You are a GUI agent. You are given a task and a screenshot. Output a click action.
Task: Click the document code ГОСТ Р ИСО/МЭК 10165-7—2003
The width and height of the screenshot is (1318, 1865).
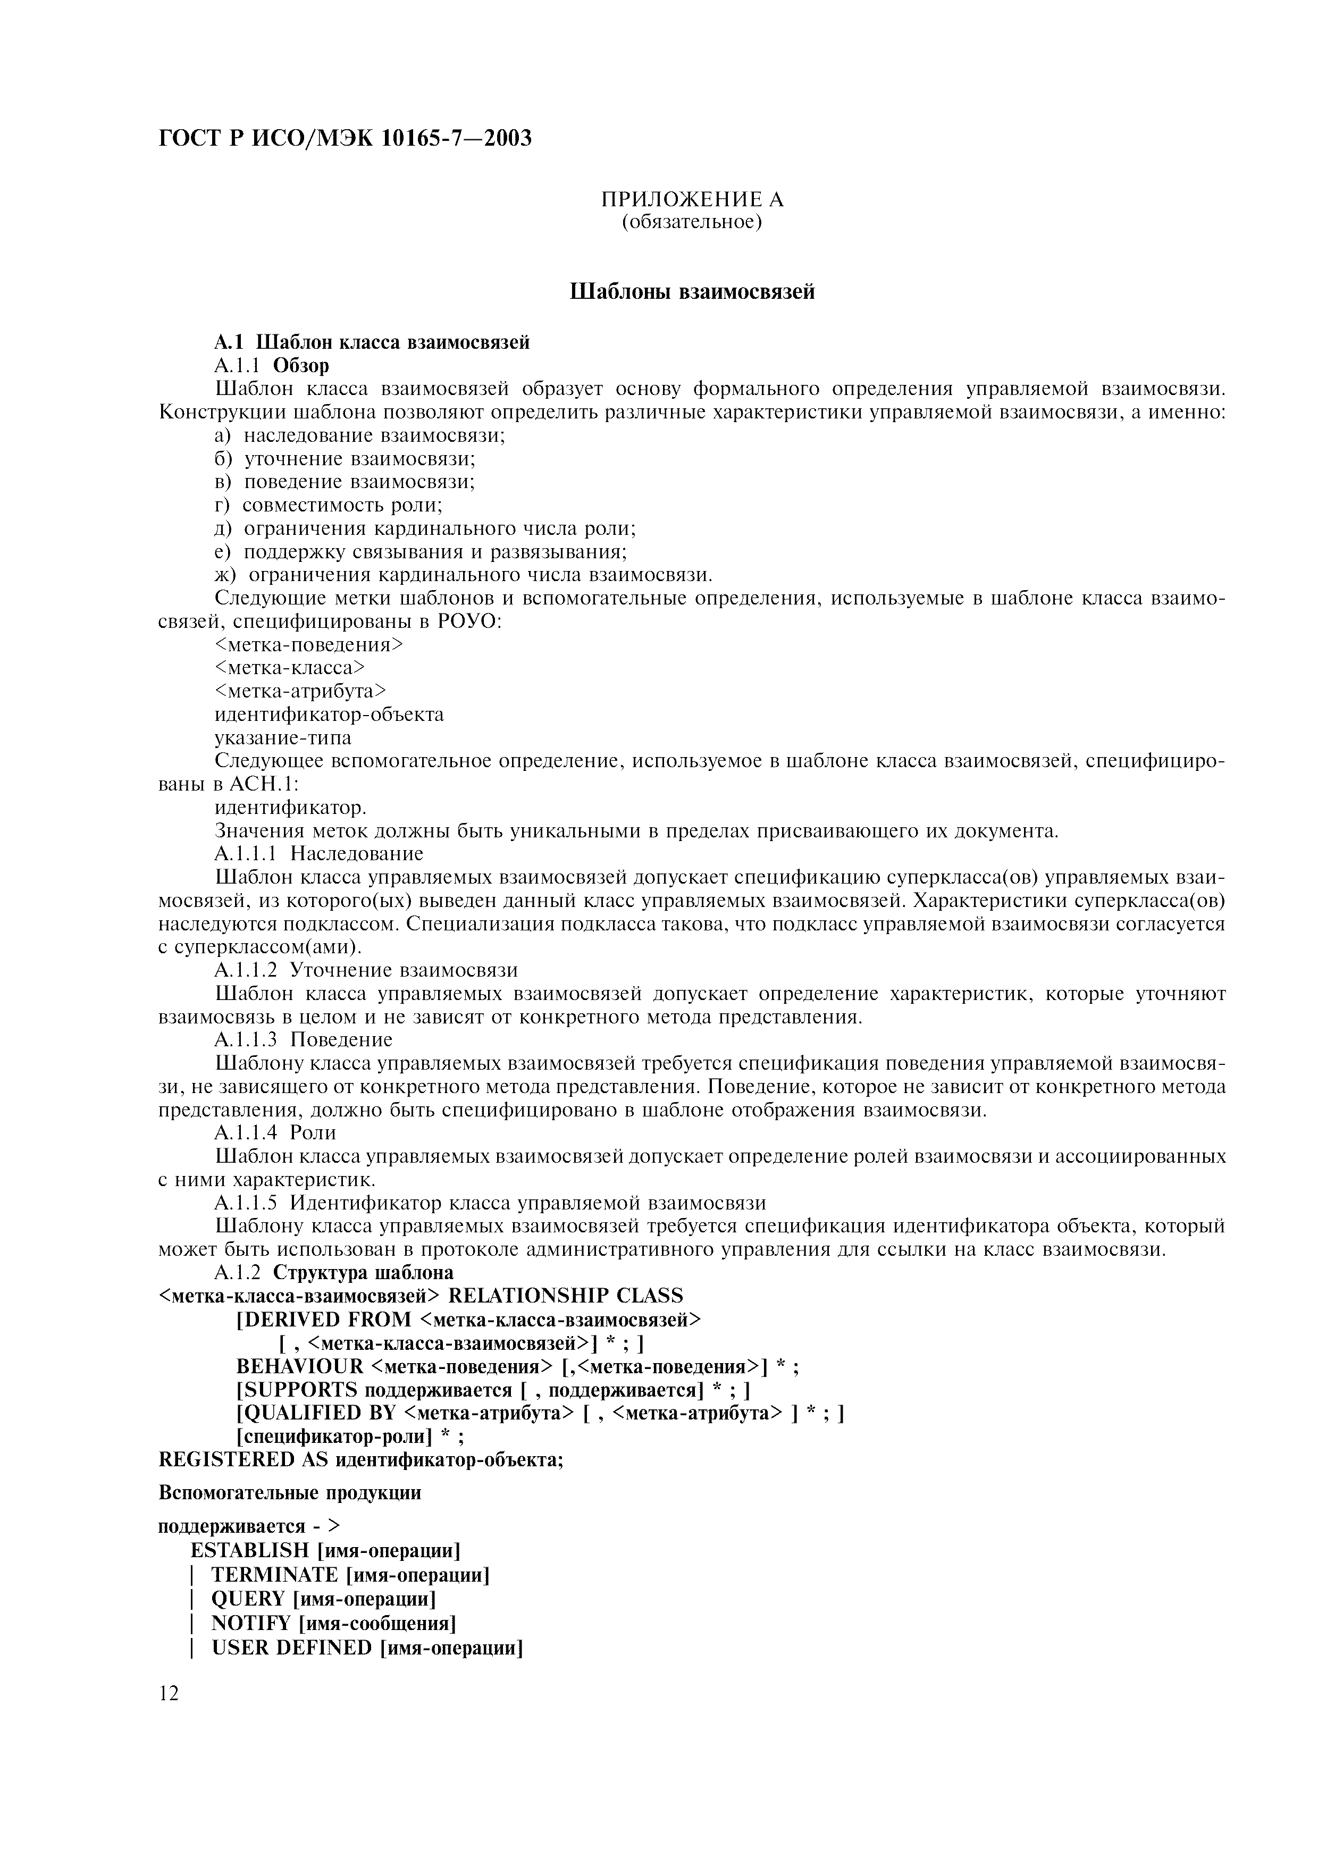pyautogui.click(x=345, y=139)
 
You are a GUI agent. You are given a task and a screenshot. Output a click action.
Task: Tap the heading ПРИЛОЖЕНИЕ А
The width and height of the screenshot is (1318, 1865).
pyautogui.click(x=692, y=199)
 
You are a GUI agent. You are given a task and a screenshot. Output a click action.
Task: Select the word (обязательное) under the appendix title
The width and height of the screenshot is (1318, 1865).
pyautogui.click(x=692, y=222)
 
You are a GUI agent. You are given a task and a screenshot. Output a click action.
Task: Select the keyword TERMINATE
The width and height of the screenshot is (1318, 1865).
pyautogui.click(x=274, y=1575)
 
